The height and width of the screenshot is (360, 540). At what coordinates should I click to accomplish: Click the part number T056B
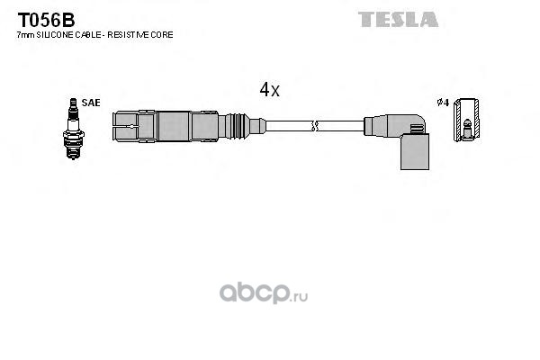tap(46, 21)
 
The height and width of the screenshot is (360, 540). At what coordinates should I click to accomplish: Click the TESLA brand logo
tap(398, 19)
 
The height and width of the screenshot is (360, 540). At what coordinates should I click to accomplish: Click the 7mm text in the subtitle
tap(26, 35)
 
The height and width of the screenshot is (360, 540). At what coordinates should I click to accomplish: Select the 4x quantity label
tap(270, 90)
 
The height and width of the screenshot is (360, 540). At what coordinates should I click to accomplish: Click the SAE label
tap(91, 103)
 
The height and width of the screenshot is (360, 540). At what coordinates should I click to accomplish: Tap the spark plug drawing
tap(74, 129)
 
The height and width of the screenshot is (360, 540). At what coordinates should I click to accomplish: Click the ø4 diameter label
tap(443, 103)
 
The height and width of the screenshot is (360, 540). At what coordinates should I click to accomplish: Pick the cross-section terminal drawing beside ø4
tap(466, 120)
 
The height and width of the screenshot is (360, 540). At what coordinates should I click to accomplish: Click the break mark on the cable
tap(314, 126)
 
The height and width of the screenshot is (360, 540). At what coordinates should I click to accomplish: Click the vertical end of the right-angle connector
tap(415, 151)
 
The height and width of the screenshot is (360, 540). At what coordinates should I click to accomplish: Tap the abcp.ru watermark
tap(264, 293)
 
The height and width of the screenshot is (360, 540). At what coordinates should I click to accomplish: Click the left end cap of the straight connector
tap(125, 126)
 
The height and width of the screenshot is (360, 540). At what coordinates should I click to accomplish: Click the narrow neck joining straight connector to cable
tap(257, 126)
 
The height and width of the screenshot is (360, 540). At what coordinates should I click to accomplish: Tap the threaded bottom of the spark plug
tap(73, 150)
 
